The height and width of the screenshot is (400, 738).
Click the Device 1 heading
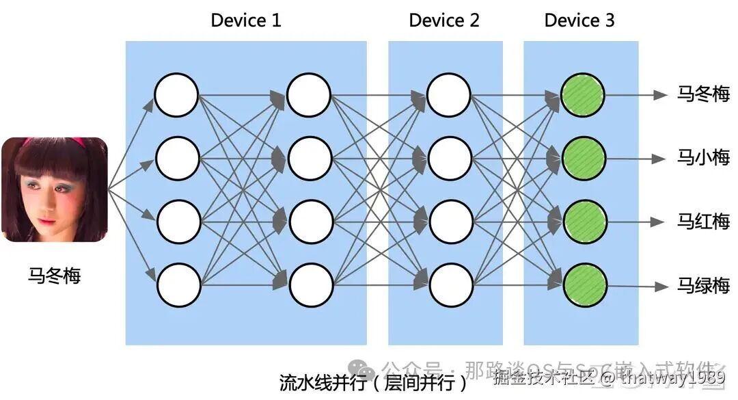pyautogui.click(x=246, y=21)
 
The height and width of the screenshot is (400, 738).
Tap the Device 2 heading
pyautogui.click(x=444, y=21)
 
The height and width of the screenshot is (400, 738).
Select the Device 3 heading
pyautogui.click(x=579, y=21)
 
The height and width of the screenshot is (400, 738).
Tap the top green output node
pyautogui.click(x=582, y=95)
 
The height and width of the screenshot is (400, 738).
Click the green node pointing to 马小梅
pyautogui.click(x=583, y=159)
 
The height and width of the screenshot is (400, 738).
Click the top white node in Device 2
pyautogui.click(x=449, y=95)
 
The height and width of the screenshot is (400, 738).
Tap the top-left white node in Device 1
pyautogui.click(x=176, y=95)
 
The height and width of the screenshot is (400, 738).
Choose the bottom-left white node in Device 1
pyautogui.click(x=178, y=285)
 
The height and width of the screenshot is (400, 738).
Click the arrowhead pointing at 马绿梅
pyautogui.click(x=659, y=286)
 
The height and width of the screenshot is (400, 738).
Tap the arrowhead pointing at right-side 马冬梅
pyautogui.click(x=659, y=95)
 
